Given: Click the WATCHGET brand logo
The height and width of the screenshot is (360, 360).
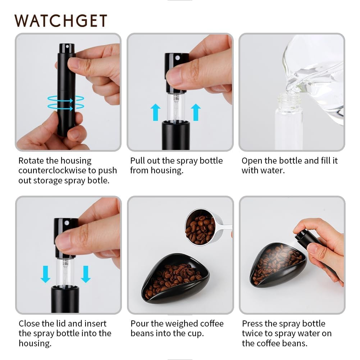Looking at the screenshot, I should [61, 21].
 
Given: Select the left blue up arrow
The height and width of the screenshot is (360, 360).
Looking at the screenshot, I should [155, 112].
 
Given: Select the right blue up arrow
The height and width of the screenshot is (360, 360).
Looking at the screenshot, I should [196, 112].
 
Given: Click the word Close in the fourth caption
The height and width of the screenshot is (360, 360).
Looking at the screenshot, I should [29, 324].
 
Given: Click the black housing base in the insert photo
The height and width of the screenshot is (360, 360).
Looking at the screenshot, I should [65, 299].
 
